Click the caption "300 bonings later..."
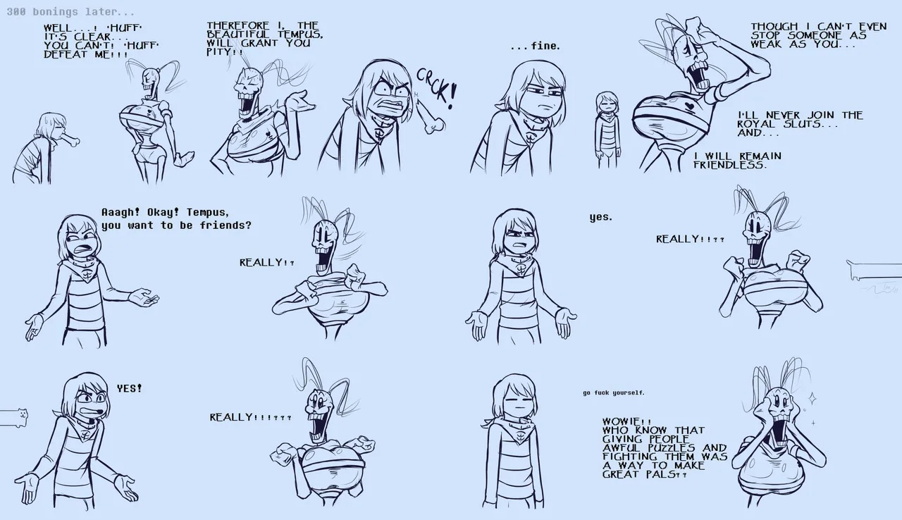(70, 13)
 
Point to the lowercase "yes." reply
(601, 218)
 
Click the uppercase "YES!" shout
(129, 388)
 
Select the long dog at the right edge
(874, 269)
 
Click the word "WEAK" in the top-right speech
(766, 44)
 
